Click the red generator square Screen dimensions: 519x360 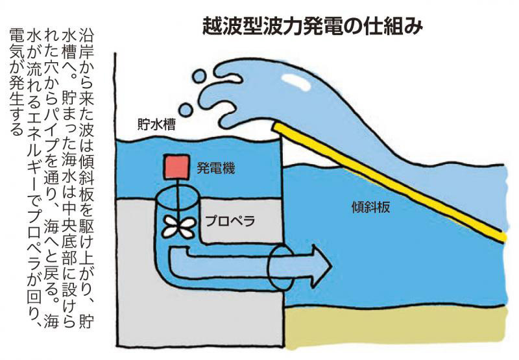click(177, 167)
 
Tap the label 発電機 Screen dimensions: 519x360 click(216, 168)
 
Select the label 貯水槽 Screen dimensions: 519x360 click(156, 125)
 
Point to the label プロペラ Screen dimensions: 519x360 click(230, 221)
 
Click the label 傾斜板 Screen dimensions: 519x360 click(370, 207)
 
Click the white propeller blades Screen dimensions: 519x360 click(178, 227)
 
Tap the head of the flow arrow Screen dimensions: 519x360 click(322, 265)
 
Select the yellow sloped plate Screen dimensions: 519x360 click(389, 182)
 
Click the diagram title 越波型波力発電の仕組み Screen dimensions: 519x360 click(313, 26)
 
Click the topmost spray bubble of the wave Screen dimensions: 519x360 click(199, 77)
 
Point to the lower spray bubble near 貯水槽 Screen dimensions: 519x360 click(186, 110)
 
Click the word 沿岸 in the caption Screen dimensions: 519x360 click(86, 42)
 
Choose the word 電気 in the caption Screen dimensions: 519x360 click(17, 45)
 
